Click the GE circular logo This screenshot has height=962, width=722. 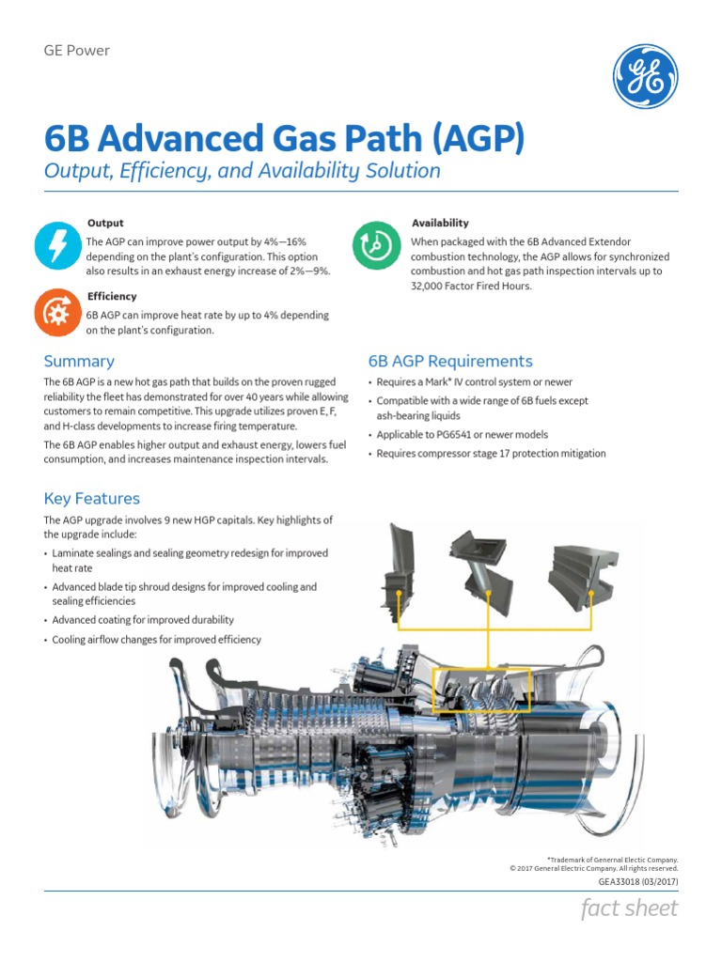(646, 76)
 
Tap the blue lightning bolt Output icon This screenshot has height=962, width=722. (56, 246)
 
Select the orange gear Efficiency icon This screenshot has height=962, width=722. (56, 313)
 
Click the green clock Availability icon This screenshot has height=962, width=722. (374, 246)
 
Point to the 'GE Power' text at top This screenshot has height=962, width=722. (77, 51)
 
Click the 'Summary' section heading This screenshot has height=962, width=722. (79, 362)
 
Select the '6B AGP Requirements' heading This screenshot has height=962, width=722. (450, 362)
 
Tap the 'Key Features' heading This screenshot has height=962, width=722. (91, 499)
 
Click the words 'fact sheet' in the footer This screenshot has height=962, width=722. (630, 908)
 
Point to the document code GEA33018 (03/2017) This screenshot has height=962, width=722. (637, 883)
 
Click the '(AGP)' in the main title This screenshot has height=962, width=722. (477, 139)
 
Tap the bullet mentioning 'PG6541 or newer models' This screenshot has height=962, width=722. (463, 435)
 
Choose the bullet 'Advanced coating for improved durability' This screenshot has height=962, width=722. (143, 620)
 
